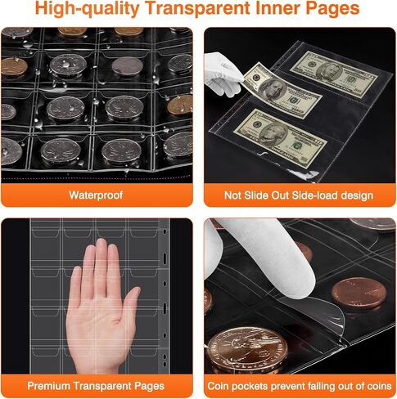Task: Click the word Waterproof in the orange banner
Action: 96,195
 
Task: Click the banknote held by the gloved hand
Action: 281,91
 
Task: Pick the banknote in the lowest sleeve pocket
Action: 281,138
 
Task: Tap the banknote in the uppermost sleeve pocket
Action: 334,74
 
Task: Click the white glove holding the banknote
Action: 223,74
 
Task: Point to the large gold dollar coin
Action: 247,350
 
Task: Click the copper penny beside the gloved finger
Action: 359,294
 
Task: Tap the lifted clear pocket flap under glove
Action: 314,313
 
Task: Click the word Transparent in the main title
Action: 198,8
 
